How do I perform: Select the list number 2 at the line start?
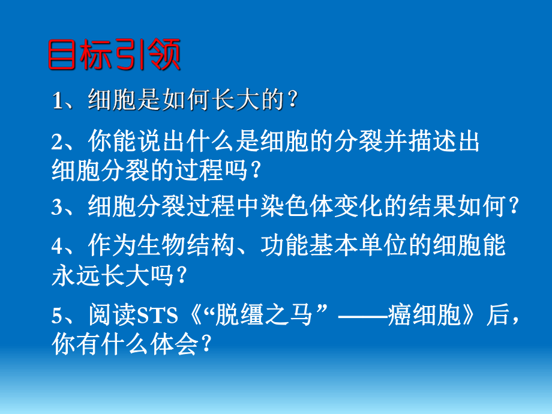pos(57,142)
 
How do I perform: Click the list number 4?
pos(57,247)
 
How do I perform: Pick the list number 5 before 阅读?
pos(57,316)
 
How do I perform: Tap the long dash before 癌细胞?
pos(361,316)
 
